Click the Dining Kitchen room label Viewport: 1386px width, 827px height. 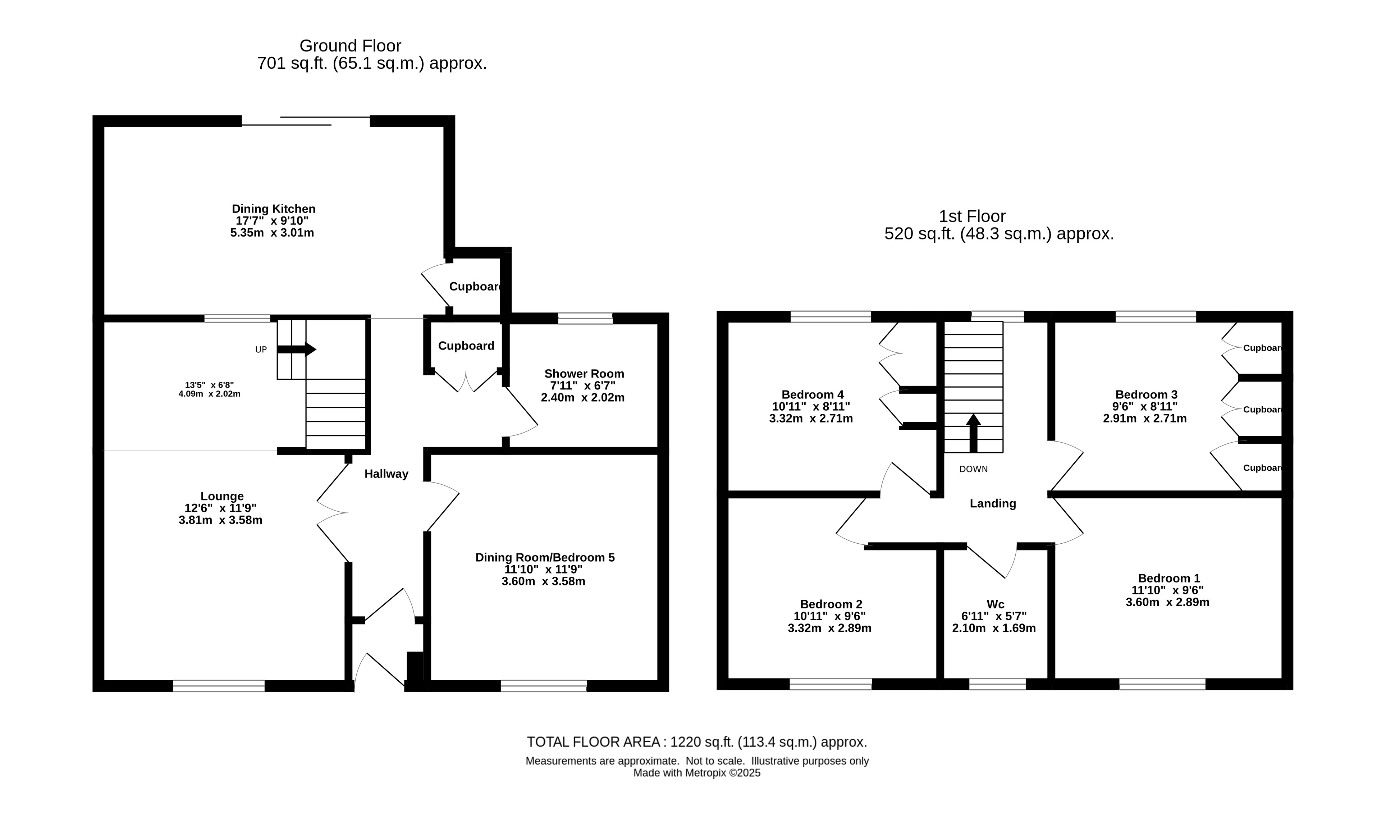[x=274, y=209]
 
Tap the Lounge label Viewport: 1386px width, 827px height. [x=222, y=496]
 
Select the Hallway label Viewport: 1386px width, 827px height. [x=386, y=474]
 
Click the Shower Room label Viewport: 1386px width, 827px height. [x=584, y=373]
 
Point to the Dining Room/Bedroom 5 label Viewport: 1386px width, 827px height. [x=545, y=557]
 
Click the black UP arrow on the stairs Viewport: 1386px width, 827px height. [x=296, y=349]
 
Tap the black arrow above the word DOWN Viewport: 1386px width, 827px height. [x=973, y=433]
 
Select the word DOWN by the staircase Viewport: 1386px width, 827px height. [x=973, y=469]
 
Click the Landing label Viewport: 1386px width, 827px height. [x=993, y=504]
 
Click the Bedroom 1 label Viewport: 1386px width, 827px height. [x=1169, y=579]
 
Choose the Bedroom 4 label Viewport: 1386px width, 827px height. [x=812, y=394]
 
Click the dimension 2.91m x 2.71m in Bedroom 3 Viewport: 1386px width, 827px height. [x=1145, y=418]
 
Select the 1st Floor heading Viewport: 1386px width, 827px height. [x=972, y=216]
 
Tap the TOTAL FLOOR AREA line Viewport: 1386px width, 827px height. [x=697, y=742]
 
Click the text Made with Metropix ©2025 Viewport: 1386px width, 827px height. [x=697, y=773]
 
